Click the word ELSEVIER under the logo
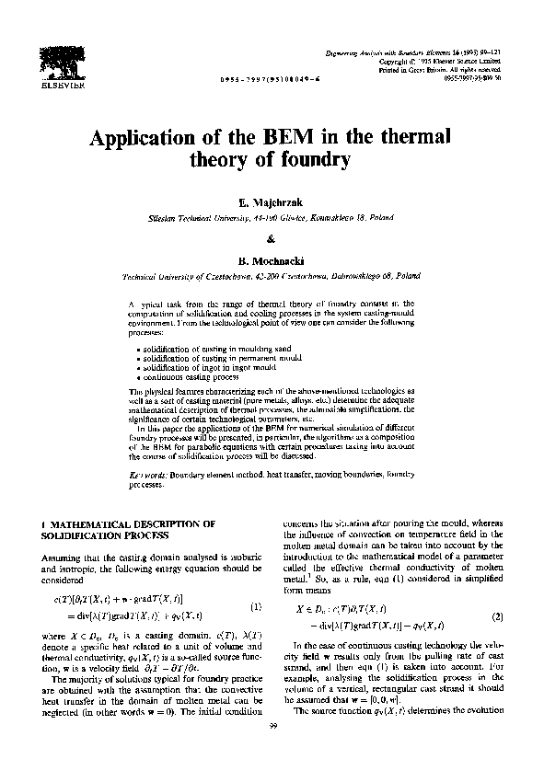coord(61,86)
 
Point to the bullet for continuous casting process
coord(137,378)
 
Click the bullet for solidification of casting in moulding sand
coord(137,351)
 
